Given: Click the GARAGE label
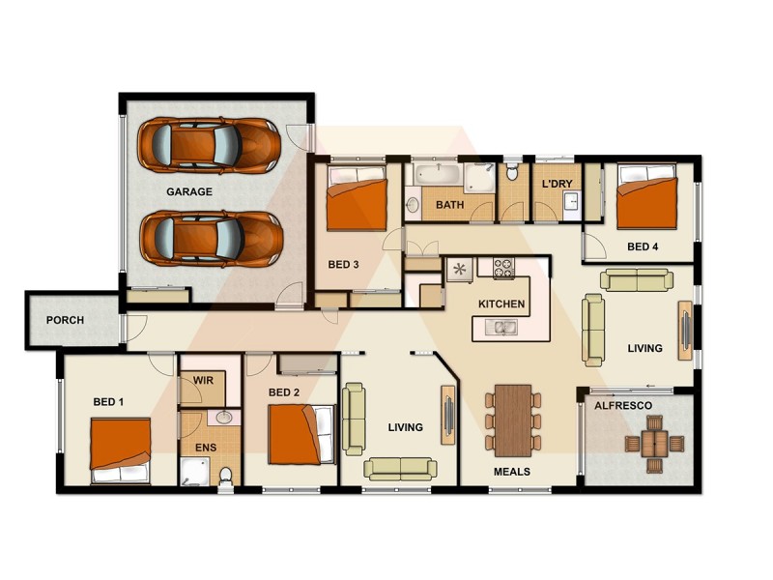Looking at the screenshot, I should coord(188,191).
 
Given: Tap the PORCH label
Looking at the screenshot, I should coord(65,320).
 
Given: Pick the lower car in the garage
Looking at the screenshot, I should coord(210,238).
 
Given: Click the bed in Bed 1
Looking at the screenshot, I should coord(121,449).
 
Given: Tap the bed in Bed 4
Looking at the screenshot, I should coord(646,197).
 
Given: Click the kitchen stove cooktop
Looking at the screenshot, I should coord(503,268).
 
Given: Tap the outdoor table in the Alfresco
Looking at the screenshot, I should coord(654,443).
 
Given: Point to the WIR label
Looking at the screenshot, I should coord(203,381).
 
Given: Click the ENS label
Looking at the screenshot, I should coord(206,448).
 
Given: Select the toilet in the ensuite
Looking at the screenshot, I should coord(226,475).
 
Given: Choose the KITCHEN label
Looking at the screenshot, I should coord(501,304).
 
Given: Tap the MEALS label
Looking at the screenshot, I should coord(511,472).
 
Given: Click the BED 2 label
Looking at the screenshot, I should coord(283,392).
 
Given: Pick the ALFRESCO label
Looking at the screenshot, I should coord(622,406).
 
